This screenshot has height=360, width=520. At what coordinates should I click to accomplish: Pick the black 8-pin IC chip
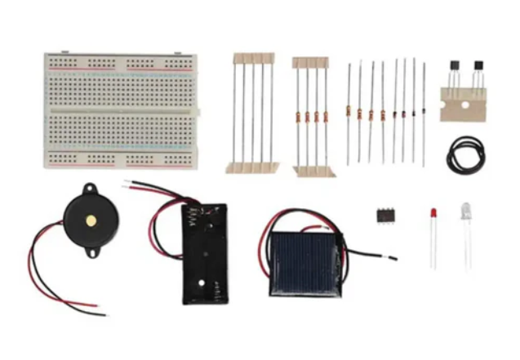[385, 215]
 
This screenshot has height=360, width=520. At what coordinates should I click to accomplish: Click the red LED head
[433, 214]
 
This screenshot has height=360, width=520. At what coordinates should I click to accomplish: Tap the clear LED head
[466, 210]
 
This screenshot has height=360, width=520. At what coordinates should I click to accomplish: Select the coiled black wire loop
[465, 153]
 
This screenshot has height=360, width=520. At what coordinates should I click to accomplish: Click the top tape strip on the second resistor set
[311, 62]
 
